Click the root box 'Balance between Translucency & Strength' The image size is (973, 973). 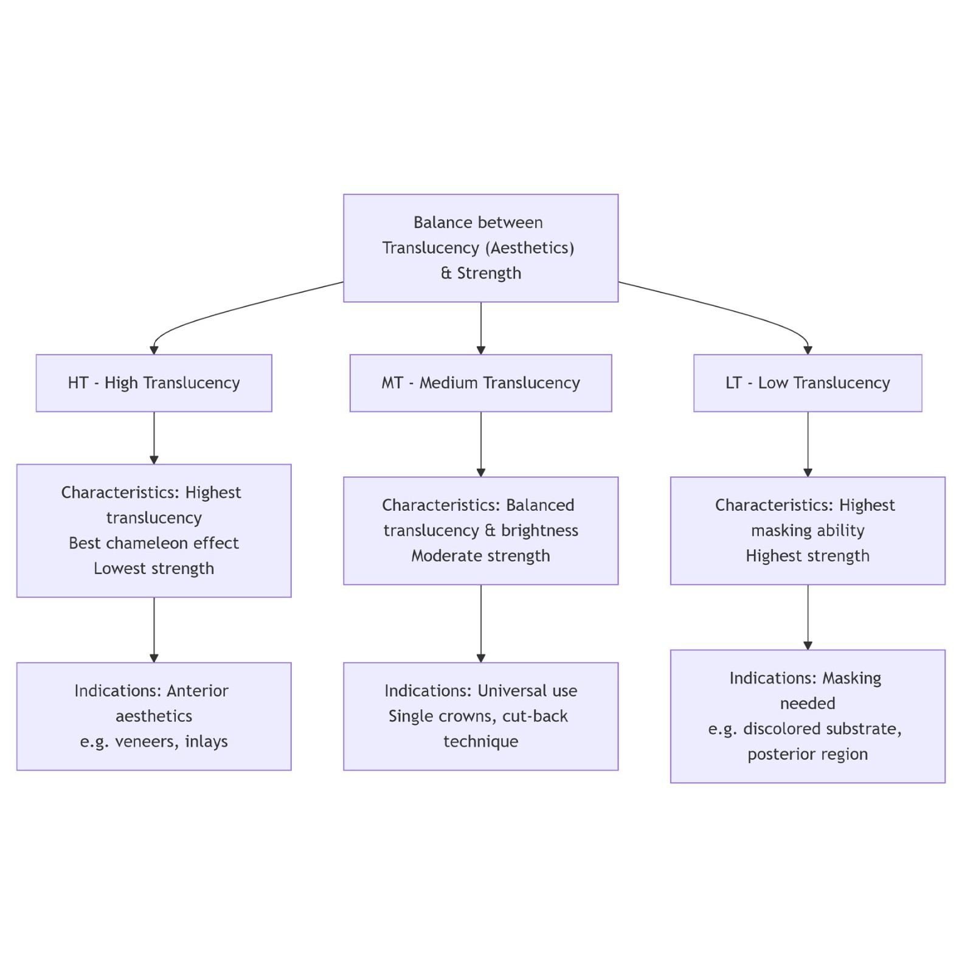480,248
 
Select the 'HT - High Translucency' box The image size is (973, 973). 154,383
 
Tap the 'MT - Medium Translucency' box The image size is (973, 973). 480,383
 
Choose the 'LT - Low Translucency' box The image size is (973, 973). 808,383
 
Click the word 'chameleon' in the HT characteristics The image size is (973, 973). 154,543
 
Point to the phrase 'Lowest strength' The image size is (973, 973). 154,569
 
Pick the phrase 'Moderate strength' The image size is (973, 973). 480,556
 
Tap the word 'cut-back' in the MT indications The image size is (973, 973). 535,716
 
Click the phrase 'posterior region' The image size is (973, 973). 808,755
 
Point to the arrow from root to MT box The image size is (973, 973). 481,328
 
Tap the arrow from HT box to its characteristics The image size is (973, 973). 154,438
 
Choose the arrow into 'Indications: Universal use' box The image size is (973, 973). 481,623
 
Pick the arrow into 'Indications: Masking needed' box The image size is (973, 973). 808,617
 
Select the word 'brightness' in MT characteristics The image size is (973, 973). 539,531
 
